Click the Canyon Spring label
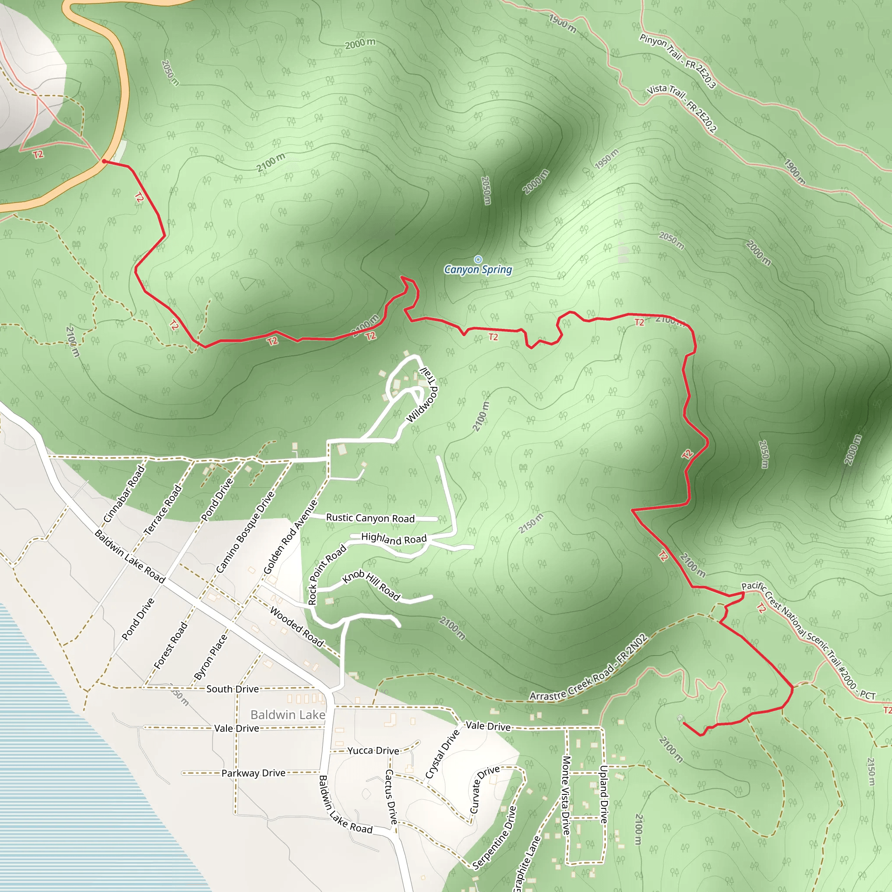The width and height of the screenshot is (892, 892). (x=478, y=269)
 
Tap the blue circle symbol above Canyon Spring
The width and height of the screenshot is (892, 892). (x=478, y=260)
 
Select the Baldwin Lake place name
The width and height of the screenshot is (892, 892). (x=287, y=715)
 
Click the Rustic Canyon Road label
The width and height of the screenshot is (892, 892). (x=370, y=518)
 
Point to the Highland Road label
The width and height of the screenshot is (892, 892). (x=394, y=538)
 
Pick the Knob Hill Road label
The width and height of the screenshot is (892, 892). (x=371, y=585)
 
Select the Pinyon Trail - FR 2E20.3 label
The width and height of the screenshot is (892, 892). (x=677, y=61)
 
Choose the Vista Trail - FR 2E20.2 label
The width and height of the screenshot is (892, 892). (x=682, y=108)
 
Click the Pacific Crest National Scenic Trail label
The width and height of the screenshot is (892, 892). (x=808, y=640)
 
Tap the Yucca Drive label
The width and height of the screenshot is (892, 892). (x=373, y=751)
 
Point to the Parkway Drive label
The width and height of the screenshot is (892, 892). (x=253, y=773)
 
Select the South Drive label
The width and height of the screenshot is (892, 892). (x=232, y=689)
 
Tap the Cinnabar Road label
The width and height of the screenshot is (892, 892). (x=124, y=494)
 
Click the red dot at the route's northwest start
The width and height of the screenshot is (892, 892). (x=105, y=161)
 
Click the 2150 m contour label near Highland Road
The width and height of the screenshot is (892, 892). (x=531, y=523)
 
